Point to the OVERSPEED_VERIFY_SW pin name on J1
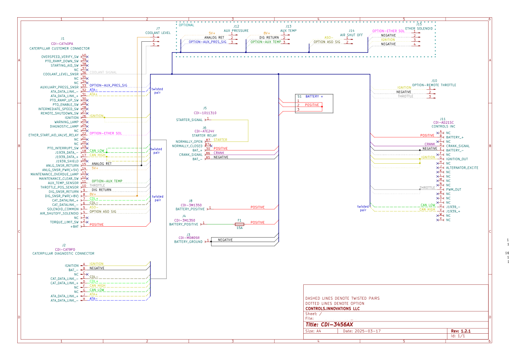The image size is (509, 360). pyautogui.click(x=59, y=56)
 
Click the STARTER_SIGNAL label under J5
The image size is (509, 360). pyautogui.click(x=189, y=120)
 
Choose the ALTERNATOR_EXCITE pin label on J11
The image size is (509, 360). pyautogui.click(x=462, y=168)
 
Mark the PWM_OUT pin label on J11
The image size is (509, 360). pyautogui.click(x=454, y=190)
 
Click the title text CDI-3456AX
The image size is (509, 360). pyautogui.click(x=330, y=325)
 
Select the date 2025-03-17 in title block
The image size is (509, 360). pyautogui.click(x=362, y=331)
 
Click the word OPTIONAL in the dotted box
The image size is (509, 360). pyautogui.click(x=186, y=25)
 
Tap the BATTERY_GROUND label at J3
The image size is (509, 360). pyautogui.click(x=189, y=242)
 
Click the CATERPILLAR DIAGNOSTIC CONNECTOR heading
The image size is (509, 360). pyautogui.click(x=63, y=253)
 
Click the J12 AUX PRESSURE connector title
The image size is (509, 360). pyautogui.click(x=236, y=30)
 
